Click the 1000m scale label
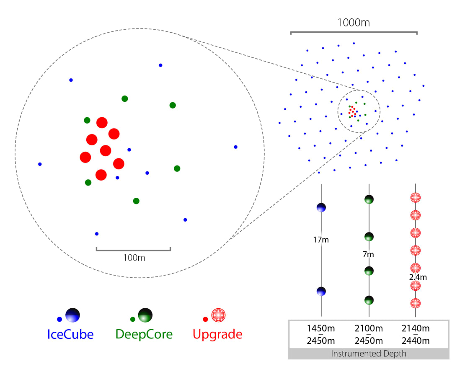coord(354,23)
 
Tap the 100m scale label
coord(134,258)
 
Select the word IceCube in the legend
coord(70,334)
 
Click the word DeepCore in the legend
coord(144,334)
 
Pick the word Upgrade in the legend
coord(217,334)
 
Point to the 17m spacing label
coord(320,240)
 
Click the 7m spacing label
coord(368,254)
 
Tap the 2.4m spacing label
coord(418,277)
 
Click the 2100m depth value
coord(369,329)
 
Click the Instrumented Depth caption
coord(369,354)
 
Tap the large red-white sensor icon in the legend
coord(218,315)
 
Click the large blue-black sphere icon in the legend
coord(72,315)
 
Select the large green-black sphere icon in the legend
coord(145,315)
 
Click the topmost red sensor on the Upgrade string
coord(415,197)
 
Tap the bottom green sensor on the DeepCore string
coord(369,300)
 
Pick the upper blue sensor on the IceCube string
coord(321,207)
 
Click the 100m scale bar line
coord(133,250)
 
